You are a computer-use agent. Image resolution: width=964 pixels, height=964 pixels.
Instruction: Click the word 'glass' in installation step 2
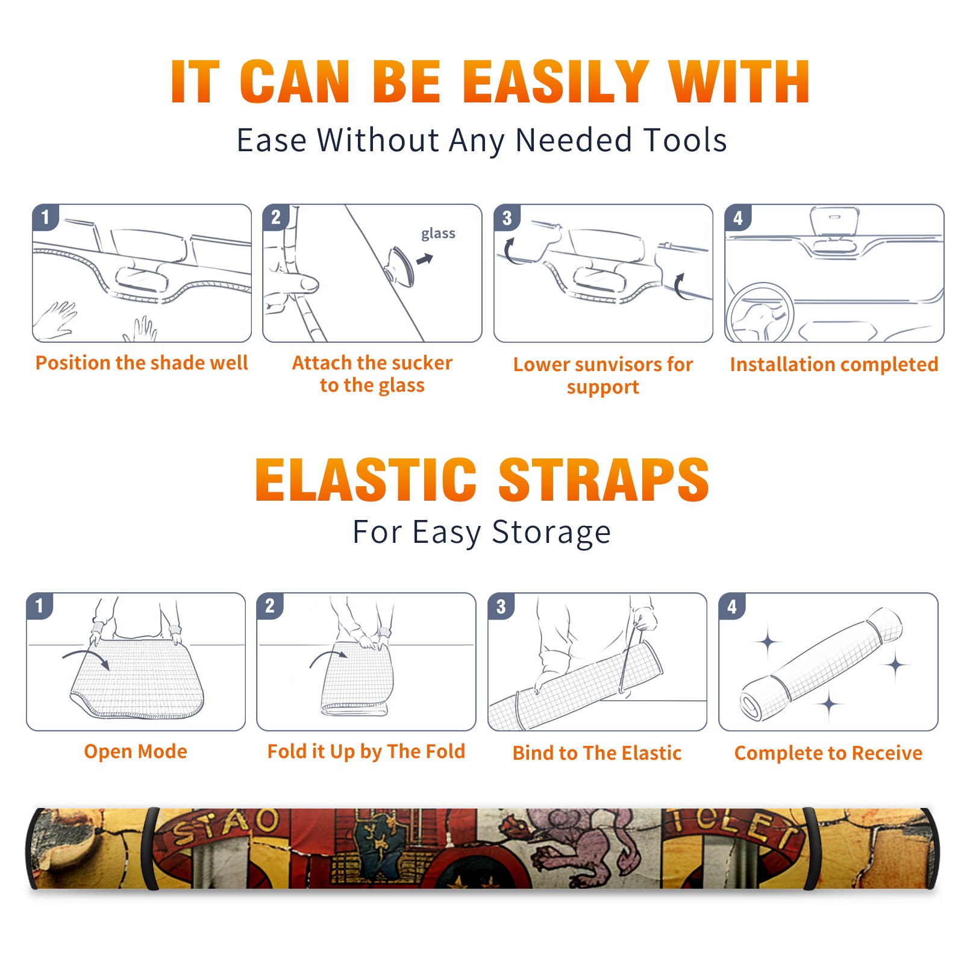pos(438,234)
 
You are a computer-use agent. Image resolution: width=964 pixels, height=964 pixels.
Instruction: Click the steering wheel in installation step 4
pos(759,313)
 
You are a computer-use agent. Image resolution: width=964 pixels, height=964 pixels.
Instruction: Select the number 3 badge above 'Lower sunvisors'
pos(507,218)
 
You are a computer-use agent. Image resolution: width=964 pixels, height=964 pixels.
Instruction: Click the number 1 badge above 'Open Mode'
pos(40,606)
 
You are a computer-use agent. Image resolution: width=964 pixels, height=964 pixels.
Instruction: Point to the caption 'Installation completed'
pos(834,365)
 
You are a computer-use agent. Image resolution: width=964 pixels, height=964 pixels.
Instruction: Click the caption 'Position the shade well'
pos(142,363)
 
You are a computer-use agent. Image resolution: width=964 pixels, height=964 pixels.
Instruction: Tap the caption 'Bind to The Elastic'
pos(597,753)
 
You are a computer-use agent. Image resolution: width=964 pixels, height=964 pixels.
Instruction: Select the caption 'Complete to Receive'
pos(828,753)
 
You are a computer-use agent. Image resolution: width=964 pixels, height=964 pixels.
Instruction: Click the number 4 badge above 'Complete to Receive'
pos(732,606)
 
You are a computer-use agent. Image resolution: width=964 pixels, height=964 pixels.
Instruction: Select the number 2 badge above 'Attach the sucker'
pos(275,218)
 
